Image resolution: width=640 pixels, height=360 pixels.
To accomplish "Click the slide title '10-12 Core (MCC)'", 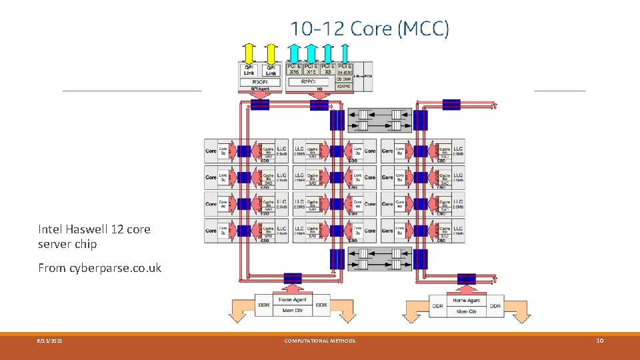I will [369, 29].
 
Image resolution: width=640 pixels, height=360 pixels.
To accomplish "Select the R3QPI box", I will [260, 81].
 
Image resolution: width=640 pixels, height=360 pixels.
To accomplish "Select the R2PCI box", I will [309, 81].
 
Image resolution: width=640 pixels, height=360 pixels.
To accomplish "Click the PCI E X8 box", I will [327, 69].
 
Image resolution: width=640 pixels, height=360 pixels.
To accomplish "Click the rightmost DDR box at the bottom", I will [495, 305].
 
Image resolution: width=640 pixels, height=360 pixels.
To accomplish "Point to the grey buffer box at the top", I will [378, 119].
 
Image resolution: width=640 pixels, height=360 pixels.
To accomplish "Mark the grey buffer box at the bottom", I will [378, 259].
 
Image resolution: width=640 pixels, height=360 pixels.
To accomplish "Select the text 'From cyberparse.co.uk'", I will [99, 268].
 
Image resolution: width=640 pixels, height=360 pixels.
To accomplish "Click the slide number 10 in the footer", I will [599, 341].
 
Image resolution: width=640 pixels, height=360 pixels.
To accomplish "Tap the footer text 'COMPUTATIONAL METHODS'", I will [319, 341].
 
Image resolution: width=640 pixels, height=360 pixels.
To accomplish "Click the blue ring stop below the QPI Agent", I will [259, 104].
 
